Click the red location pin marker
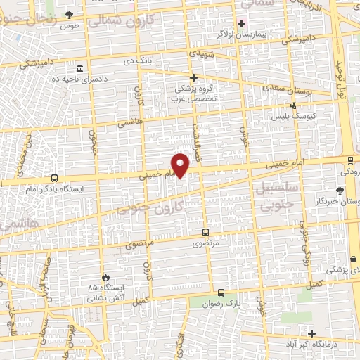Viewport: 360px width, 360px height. [x=181, y=165]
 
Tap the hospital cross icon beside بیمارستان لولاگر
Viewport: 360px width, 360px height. [x=241, y=23]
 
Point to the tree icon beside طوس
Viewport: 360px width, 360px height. [x=69, y=14]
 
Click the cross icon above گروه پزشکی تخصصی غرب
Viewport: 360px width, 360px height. [x=194, y=77]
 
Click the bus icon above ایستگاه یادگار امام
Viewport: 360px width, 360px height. [x=55, y=178]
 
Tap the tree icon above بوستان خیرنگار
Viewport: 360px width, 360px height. [x=340, y=191]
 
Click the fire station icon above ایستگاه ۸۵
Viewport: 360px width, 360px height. [x=106, y=277]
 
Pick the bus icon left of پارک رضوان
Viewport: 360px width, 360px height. [x=221, y=292]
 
